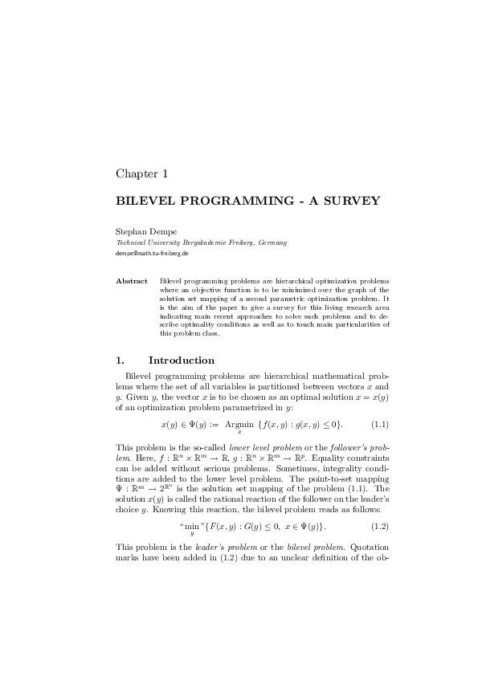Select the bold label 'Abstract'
click(132, 281)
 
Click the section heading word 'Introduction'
click(182, 360)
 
